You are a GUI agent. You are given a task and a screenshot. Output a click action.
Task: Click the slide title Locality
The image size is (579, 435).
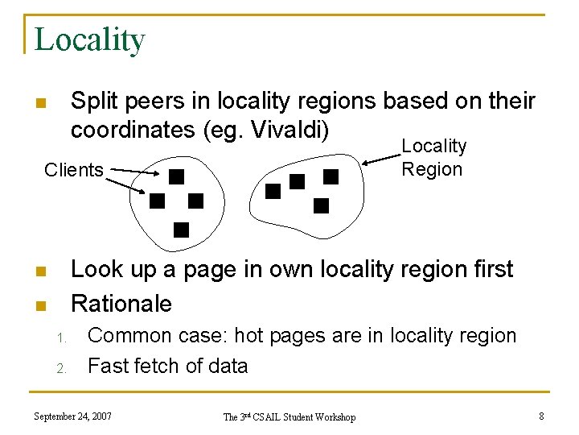[x=89, y=39]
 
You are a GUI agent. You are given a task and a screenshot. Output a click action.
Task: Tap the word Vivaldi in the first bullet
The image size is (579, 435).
[x=289, y=129]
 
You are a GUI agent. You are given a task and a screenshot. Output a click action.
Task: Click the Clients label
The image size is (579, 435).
[x=74, y=170]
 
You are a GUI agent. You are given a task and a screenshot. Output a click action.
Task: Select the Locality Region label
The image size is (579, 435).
[x=433, y=157]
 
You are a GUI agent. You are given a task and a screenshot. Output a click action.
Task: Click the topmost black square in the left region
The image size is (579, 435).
[x=176, y=176]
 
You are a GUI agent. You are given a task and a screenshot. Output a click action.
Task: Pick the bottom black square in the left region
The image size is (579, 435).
[x=181, y=230]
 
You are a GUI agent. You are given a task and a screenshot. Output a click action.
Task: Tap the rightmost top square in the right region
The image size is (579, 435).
[x=331, y=176]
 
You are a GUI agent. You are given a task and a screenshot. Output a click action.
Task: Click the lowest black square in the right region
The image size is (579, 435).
[x=321, y=205]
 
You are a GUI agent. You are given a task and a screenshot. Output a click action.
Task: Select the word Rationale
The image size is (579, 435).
[x=121, y=304]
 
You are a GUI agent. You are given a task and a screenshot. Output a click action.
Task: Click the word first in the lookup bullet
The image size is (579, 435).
[x=486, y=268]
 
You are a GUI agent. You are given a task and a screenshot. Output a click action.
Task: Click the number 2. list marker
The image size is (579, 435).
[x=61, y=368]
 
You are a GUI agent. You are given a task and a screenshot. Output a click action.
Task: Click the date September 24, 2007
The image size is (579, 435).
[x=72, y=416]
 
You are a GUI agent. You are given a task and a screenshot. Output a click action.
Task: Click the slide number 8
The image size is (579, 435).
[x=542, y=416]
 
